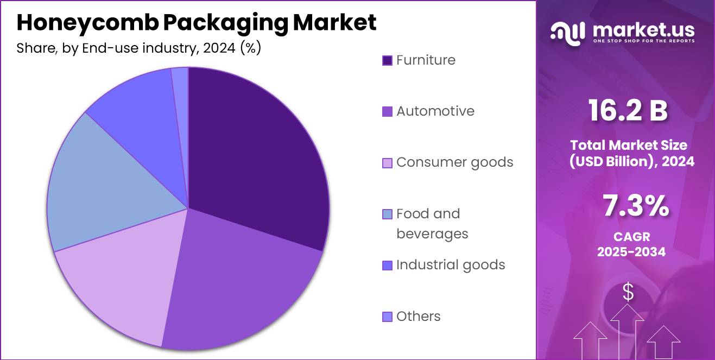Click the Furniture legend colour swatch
click(x=387, y=60)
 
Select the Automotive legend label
click(x=435, y=111)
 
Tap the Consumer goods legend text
click(x=454, y=162)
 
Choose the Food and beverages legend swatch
click(x=387, y=214)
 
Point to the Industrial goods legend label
click(x=451, y=265)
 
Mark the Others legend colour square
click(x=387, y=317)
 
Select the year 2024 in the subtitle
click(x=219, y=48)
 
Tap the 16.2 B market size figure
click(x=628, y=111)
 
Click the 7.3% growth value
click(x=635, y=206)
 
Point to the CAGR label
click(x=631, y=237)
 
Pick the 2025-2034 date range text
click(x=631, y=252)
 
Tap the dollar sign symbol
click(x=628, y=293)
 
